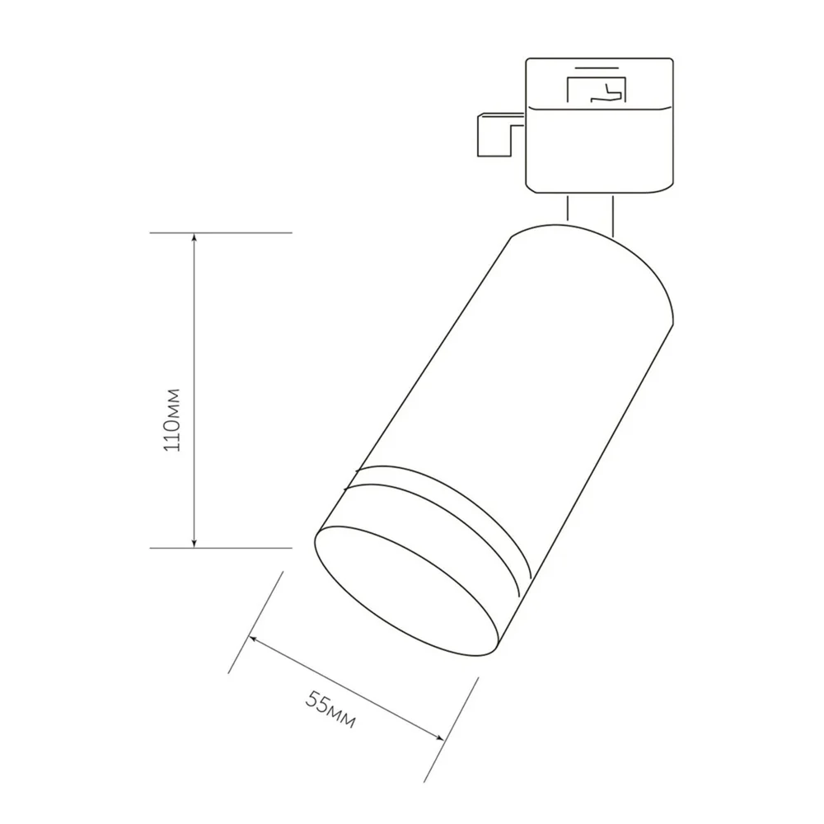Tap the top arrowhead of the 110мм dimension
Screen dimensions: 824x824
point(194,238)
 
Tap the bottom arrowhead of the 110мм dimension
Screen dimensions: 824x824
point(194,542)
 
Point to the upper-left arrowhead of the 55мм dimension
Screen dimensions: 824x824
point(255,639)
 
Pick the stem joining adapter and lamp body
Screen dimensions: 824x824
point(590,210)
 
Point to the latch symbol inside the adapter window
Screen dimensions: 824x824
point(608,91)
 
